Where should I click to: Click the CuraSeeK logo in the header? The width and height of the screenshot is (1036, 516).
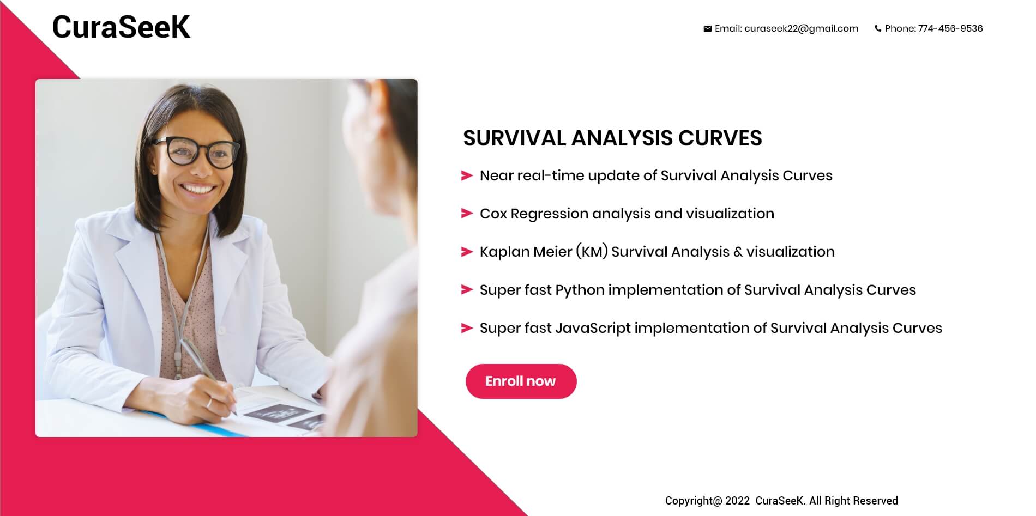[121, 27]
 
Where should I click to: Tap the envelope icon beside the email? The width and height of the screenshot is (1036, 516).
[707, 29]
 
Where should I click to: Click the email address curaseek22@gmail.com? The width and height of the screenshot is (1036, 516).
[801, 28]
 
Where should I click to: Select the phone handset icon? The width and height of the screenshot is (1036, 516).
[878, 29]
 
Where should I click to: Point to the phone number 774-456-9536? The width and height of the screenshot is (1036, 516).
[950, 28]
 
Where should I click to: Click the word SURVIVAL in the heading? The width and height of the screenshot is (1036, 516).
[515, 138]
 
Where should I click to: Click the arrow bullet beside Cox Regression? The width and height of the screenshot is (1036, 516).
[467, 213]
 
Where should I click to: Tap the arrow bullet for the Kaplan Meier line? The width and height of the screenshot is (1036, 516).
[467, 252]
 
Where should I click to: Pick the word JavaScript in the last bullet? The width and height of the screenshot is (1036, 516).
[593, 328]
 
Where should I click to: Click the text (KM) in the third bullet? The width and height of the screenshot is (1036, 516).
[592, 252]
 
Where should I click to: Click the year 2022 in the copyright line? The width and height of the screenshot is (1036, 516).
[737, 501]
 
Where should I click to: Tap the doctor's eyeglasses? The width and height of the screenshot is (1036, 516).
[197, 152]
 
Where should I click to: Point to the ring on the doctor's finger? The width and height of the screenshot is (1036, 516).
[209, 403]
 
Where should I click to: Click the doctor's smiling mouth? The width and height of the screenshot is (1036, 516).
[197, 189]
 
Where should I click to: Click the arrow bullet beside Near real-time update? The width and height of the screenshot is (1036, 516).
[467, 175]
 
